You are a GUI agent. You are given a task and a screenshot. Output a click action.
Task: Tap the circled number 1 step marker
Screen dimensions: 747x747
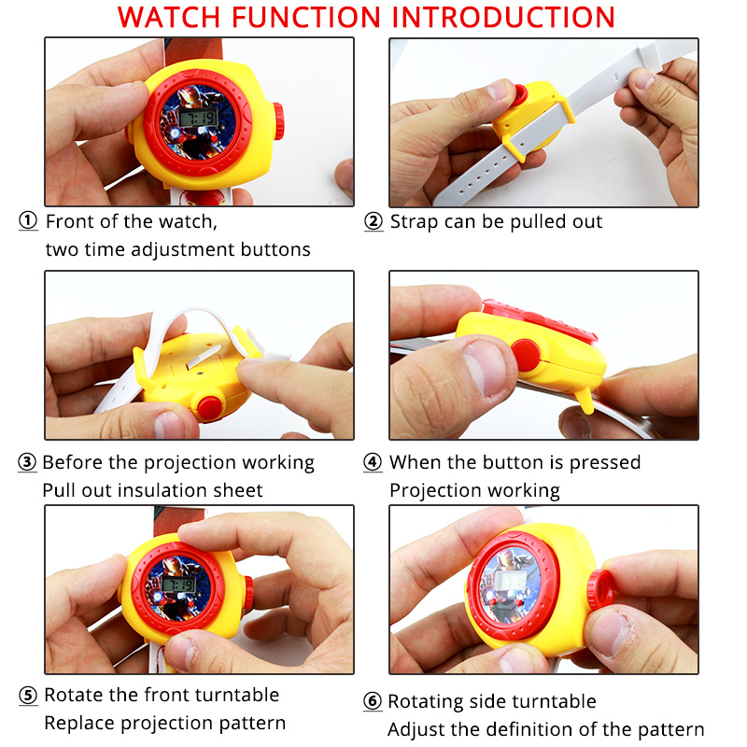pos(29,222)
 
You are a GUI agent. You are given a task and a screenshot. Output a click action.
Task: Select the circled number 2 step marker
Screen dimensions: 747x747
pos(373,222)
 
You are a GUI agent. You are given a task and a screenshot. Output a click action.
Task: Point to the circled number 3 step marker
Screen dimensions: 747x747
pos(28,463)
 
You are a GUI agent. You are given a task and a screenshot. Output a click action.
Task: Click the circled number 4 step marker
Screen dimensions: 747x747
pos(373,463)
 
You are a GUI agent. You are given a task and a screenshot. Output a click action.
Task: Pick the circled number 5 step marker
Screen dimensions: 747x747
pos(29,696)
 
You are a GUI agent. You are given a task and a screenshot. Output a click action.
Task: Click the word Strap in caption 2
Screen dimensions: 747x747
pos(413,222)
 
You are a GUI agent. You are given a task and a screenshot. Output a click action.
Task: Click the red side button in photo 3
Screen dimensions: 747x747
pos(209,406)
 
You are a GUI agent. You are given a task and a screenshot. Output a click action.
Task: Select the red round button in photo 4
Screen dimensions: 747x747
pos(526,355)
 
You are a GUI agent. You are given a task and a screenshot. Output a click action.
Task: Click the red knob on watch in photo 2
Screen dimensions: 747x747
pos(519,93)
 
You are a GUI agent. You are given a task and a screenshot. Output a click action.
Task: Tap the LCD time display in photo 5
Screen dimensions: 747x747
pos(177,583)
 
